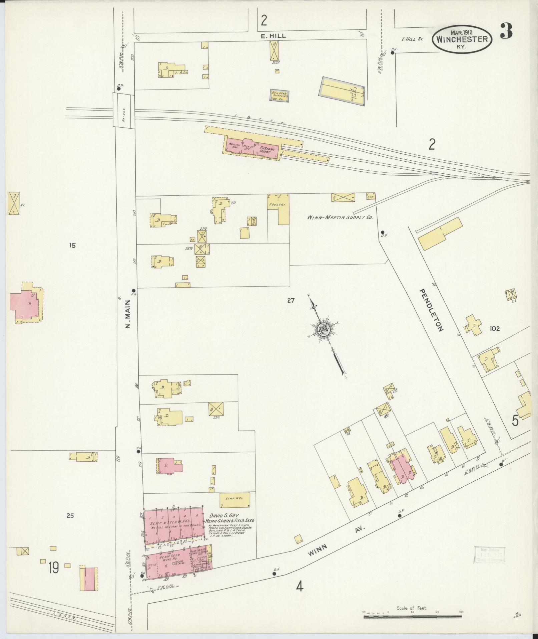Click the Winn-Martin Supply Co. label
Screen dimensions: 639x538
coord(340,217)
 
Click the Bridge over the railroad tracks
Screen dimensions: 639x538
coord(123,110)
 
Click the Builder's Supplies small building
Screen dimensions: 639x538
coord(280,96)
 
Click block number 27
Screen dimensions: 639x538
coord(291,301)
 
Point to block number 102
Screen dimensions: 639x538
coord(494,329)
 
